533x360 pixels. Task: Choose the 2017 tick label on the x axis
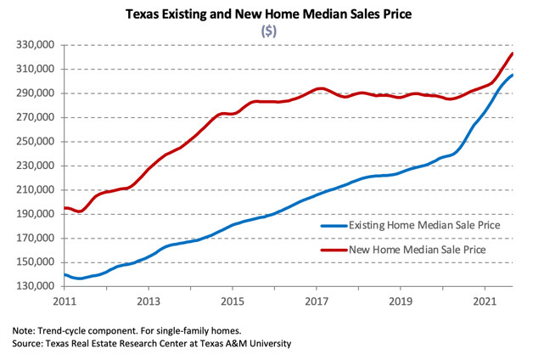[317, 301]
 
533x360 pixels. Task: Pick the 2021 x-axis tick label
[485, 301]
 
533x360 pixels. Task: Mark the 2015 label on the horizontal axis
[233, 301]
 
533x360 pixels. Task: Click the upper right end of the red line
[512, 54]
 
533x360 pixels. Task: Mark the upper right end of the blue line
[512, 76]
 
